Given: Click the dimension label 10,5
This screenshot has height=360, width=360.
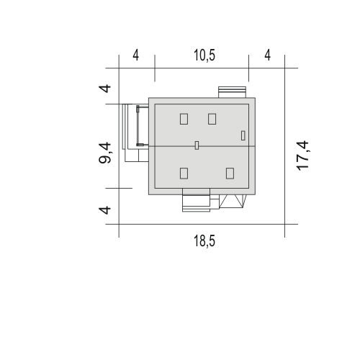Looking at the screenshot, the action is click(x=204, y=55).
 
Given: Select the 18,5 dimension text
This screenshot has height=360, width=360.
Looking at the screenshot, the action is click(x=204, y=241).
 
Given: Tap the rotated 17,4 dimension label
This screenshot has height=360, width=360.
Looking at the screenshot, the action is click(x=302, y=156).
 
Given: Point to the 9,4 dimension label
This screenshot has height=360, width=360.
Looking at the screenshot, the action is click(x=105, y=153).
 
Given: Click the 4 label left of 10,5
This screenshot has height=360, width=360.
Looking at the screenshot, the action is click(x=136, y=55).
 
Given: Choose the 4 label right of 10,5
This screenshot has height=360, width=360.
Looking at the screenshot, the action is click(x=268, y=55).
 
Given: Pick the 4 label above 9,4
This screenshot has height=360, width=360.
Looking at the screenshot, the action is click(x=105, y=89).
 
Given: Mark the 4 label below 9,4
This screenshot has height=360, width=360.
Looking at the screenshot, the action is click(x=105, y=210).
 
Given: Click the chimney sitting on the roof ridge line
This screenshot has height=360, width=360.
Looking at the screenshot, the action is click(x=197, y=145).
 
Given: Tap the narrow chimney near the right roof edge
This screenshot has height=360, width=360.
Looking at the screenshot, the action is click(x=243, y=135).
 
